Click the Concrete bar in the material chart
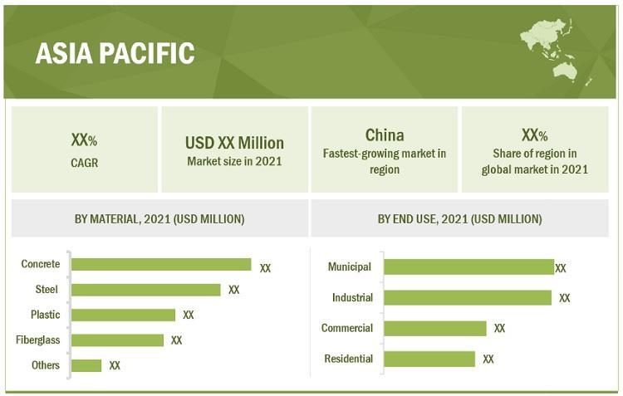point(161,265)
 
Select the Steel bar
point(146,290)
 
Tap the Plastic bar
point(123,315)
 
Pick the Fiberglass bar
point(118,340)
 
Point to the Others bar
point(86,365)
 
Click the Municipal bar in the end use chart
point(469,267)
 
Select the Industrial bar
point(468,297)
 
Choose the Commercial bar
point(435,329)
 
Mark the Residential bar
point(429,359)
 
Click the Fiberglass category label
point(37,340)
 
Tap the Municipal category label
point(350,266)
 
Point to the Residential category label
point(348,359)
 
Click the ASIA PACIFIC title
point(115,53)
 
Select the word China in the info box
point(385,135)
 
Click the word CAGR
point(84,163)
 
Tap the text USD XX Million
point(234,143)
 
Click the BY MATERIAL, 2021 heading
point(159,219)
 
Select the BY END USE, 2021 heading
point(459,219)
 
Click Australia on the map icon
point(565,71)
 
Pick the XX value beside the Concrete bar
point(266,268)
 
